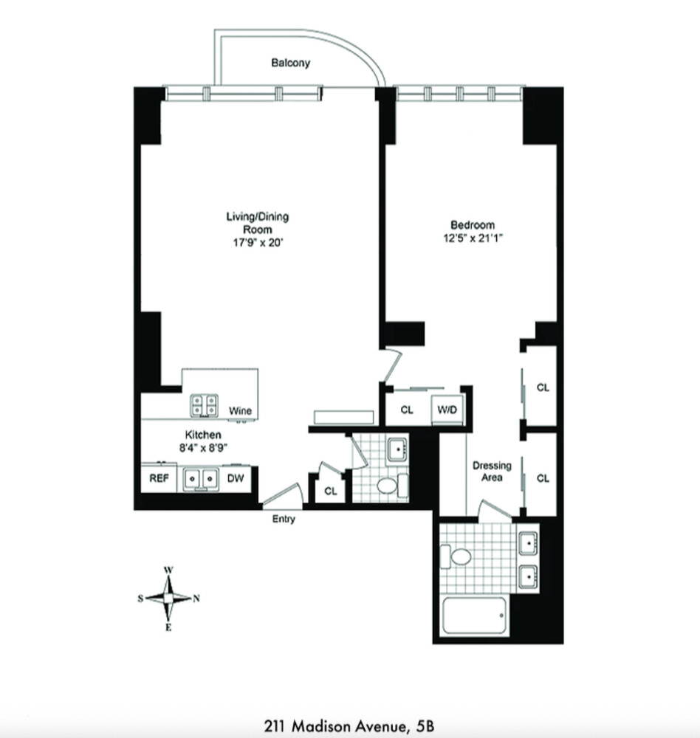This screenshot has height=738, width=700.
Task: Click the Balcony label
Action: tap(290, 63)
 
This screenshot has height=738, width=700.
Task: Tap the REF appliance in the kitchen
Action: tap(159, 478)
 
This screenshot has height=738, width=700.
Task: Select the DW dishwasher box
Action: tap(236, 478)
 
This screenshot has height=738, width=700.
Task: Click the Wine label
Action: tap(239, 410)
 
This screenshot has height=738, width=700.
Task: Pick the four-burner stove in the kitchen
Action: tap(205, 404)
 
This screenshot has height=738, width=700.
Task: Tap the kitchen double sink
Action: tap(200, 478)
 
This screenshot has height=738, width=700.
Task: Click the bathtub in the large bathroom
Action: tap(474, 615)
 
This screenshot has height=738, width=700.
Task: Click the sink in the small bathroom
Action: tap(397, 447)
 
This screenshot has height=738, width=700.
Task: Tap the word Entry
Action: tap(284, 520)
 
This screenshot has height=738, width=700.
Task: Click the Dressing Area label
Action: tap(492, 472)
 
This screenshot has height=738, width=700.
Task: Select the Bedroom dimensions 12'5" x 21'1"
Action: tap(473, 238)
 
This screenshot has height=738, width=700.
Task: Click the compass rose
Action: tap(168, 599)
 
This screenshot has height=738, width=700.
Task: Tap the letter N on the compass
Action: tap(196, 599)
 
